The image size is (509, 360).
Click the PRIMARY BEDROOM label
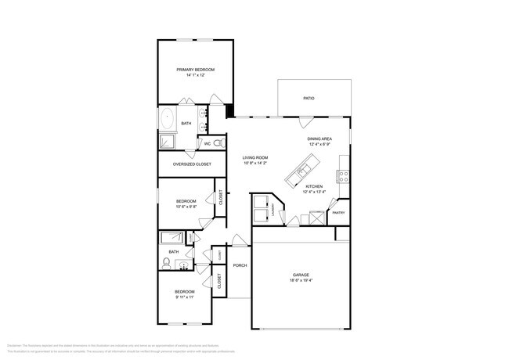click(x=195, y=70)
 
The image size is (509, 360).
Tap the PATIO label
click(x=309, y=98)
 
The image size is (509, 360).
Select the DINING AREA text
click(x=319, y=139)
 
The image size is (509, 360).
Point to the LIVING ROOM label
click(x=256, y=157)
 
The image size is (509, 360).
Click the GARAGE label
click(x=301, y=275)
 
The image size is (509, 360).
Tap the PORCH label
click(x=240, y=265)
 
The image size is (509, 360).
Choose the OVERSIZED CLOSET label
click(x=192, y=164)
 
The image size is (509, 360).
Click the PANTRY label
click(x=338, y=212)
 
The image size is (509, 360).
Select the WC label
click(x=208, y=144)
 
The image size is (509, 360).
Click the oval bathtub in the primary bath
click(x=168, y=120)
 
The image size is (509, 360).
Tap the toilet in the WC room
click(x=218, y=143)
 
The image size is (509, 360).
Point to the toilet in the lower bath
click(x=168, y=261)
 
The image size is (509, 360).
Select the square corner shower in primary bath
click(x=167, y=142)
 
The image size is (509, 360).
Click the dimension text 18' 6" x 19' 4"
click(x=301, y=280)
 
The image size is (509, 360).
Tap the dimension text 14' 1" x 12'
click(x=195, y=75)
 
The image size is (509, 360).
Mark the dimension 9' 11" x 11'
click(x=186, y=297)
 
